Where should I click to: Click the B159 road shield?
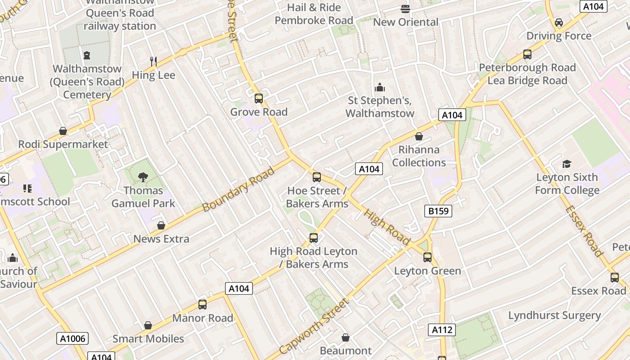point(438,211)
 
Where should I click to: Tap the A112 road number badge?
point(441,330)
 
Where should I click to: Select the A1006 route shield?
point(72,338)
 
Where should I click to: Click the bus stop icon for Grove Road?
point(259,99)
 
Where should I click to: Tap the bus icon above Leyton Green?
point(427,257)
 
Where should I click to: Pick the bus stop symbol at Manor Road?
point(202,305)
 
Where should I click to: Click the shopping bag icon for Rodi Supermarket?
point(63,131)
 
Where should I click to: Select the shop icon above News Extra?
point(161,225)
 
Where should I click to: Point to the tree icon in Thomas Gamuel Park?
point(143,177)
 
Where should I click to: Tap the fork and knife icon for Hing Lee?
point(153,62)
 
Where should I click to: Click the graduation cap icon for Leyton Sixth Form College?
point(567,164)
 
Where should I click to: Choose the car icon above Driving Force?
point(559,22)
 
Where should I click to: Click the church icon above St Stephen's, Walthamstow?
point(380,87)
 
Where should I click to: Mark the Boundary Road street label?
point(238,189)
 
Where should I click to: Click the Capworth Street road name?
point(314,326)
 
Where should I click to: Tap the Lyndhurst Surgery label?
point(554,315)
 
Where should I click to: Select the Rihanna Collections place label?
point(419,156)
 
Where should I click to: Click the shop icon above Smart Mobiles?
point(148,325)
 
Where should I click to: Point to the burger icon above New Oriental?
point(405,9)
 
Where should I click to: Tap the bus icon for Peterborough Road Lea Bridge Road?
point(527,54)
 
